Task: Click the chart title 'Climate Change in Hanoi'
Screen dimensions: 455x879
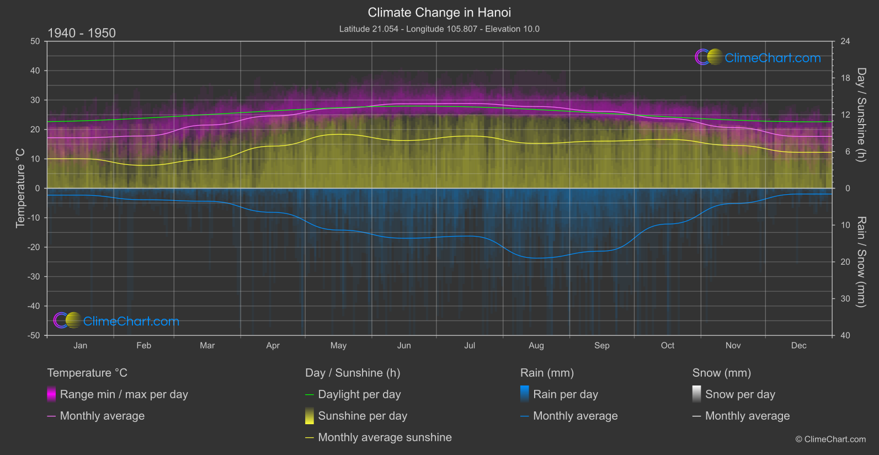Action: coord(439,12)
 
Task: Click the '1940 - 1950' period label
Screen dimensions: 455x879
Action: coord(82,33)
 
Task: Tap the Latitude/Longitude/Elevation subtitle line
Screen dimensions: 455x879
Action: coord(439,29)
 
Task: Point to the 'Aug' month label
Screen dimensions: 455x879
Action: coord(536,345)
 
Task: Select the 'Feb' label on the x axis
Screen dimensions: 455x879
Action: coord(143,345)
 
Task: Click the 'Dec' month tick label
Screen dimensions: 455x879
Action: coord(798,345)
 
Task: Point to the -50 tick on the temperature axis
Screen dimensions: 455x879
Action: coord(34,335)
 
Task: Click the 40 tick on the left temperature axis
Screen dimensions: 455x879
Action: coord(35,71)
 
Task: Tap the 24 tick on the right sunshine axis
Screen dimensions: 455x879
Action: coord(845,41)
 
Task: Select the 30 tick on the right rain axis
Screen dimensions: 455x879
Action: coord(845,298)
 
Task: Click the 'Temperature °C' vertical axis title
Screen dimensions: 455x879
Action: coord(20,188)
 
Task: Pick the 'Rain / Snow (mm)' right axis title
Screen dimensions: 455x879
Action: coord(861,262)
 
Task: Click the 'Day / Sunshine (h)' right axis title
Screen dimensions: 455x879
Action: coord(861,115)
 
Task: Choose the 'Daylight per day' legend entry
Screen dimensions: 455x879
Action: coord(359,394)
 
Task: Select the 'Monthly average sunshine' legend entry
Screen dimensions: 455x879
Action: coord(385,437)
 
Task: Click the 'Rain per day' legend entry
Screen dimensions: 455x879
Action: coord(565,394)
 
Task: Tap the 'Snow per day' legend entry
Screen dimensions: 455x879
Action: coord(740,394)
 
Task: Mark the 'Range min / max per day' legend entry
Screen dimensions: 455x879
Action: coord(124,394)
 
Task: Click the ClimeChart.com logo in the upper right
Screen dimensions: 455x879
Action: coord(758,57)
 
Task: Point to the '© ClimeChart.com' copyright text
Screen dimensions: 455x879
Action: coord(830,439)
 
